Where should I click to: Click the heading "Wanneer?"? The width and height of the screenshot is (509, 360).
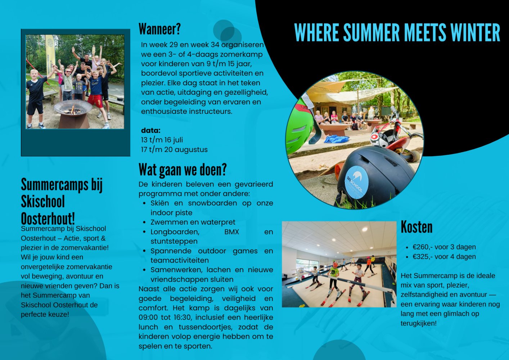159,29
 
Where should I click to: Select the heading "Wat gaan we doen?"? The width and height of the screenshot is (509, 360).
183,170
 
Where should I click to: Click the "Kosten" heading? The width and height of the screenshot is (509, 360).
416,227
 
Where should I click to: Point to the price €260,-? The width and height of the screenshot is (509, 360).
422,247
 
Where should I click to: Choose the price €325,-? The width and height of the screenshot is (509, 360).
422,257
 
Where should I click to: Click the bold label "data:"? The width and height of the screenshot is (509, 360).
151,130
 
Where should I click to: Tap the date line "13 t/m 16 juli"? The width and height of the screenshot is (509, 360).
162,140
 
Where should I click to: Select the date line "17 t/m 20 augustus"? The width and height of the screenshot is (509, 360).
174,149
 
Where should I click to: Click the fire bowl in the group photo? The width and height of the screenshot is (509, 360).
73,111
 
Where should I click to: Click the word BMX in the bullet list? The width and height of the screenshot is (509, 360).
231,232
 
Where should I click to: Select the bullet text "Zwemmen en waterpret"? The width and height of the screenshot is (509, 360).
193,222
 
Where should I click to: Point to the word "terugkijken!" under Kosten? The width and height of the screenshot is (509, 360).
419,323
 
